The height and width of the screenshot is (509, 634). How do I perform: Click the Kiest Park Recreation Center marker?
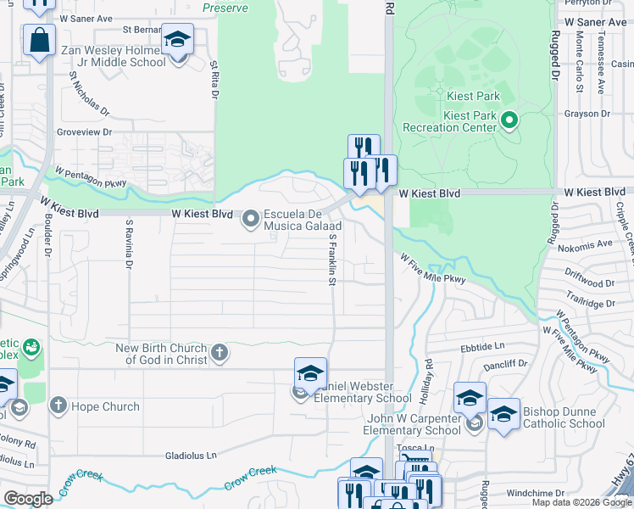[x=509, y=120]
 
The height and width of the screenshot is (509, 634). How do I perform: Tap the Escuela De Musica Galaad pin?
[x=251, y=220]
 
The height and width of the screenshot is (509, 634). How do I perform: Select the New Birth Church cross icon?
[x=219, y=353]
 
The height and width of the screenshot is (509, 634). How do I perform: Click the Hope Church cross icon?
[x=58, y=406]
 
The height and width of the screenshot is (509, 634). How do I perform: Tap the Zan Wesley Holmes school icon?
[x=178, y=40]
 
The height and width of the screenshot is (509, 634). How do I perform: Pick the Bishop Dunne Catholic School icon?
[x=503, y=414]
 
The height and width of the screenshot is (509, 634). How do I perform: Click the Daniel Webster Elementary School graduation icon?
[x=310, y=373]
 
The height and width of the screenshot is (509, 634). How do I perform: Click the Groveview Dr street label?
[x=84, y=132]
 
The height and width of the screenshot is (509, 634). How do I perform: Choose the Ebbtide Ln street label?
[x=482, y=346]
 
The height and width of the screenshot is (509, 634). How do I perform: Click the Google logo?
[x=28, y=499]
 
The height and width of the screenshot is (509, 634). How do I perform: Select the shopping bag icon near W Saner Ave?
[x=39, y=39]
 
